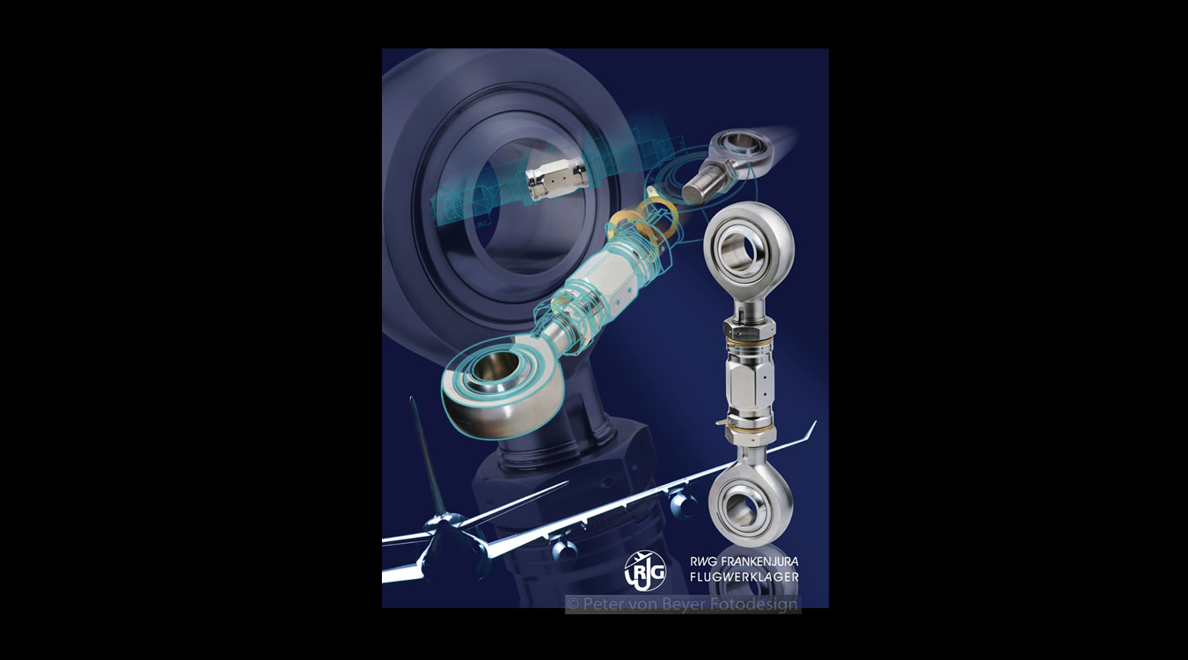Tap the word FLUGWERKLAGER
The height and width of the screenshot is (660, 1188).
744,576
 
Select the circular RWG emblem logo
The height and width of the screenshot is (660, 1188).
645,570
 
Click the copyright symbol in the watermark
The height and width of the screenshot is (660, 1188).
573,605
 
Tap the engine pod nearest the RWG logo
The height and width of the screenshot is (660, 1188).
563,549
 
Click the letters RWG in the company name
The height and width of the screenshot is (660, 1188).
704,561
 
